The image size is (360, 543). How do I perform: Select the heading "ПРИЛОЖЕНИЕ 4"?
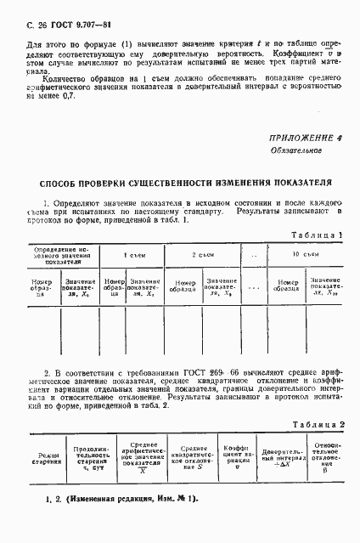click(x=304, y=138)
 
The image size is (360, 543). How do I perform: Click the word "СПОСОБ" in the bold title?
click(x=65, y=182)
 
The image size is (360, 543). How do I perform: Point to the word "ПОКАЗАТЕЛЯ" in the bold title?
click(x=301, y=182)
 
